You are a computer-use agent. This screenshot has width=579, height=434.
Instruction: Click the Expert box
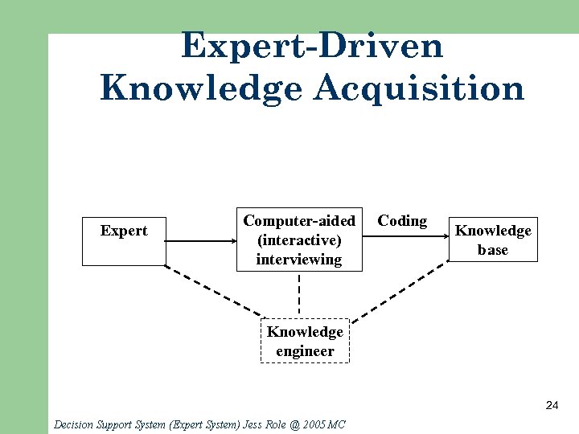[124, 240]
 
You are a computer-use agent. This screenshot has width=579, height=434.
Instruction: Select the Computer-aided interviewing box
[299, 240]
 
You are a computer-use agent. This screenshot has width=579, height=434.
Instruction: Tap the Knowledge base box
[493, 240]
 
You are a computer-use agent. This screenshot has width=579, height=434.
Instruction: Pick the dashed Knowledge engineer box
[305, 342]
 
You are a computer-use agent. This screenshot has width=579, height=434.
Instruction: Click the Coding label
[402, 221]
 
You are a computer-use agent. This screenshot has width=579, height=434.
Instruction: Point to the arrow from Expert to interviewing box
[201, 240]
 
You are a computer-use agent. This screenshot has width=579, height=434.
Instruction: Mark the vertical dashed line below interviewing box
[299, 294]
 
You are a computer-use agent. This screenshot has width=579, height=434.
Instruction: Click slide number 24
[552, 405]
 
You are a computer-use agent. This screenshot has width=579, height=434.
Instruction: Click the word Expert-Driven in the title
[312, 46]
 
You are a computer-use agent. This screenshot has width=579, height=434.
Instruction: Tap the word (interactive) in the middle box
[299, 240]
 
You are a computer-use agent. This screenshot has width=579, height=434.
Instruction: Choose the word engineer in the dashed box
[305, 351]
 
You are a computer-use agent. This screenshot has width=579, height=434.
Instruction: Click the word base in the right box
[493, 250]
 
